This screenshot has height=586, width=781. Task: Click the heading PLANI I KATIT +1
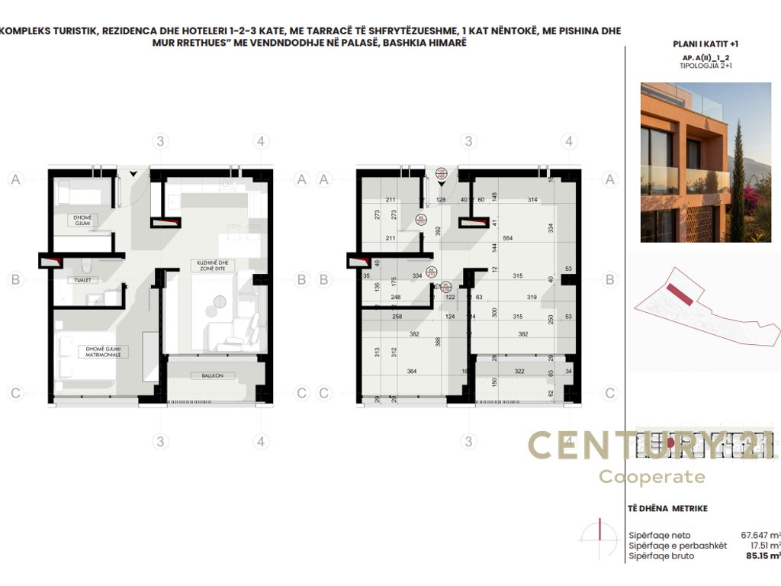pyautogui.click(x=705, y=44)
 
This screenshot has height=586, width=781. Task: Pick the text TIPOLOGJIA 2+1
pyautogui.click(x=705, y=66)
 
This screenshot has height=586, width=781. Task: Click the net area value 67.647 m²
pyautogui.click(x=760, y=536)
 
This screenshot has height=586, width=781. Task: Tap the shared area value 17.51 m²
pyautogui.click(x=763, y=546)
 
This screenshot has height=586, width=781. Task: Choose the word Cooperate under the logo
pyautogui.click(x=651, y=477)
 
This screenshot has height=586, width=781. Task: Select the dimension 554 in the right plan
pyautogui.click(x=507, y=238)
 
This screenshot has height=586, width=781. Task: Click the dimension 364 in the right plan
pyautogui.click(x=411, y=372)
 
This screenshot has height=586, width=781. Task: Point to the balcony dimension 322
pyautogui.click(x=519, y=372)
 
